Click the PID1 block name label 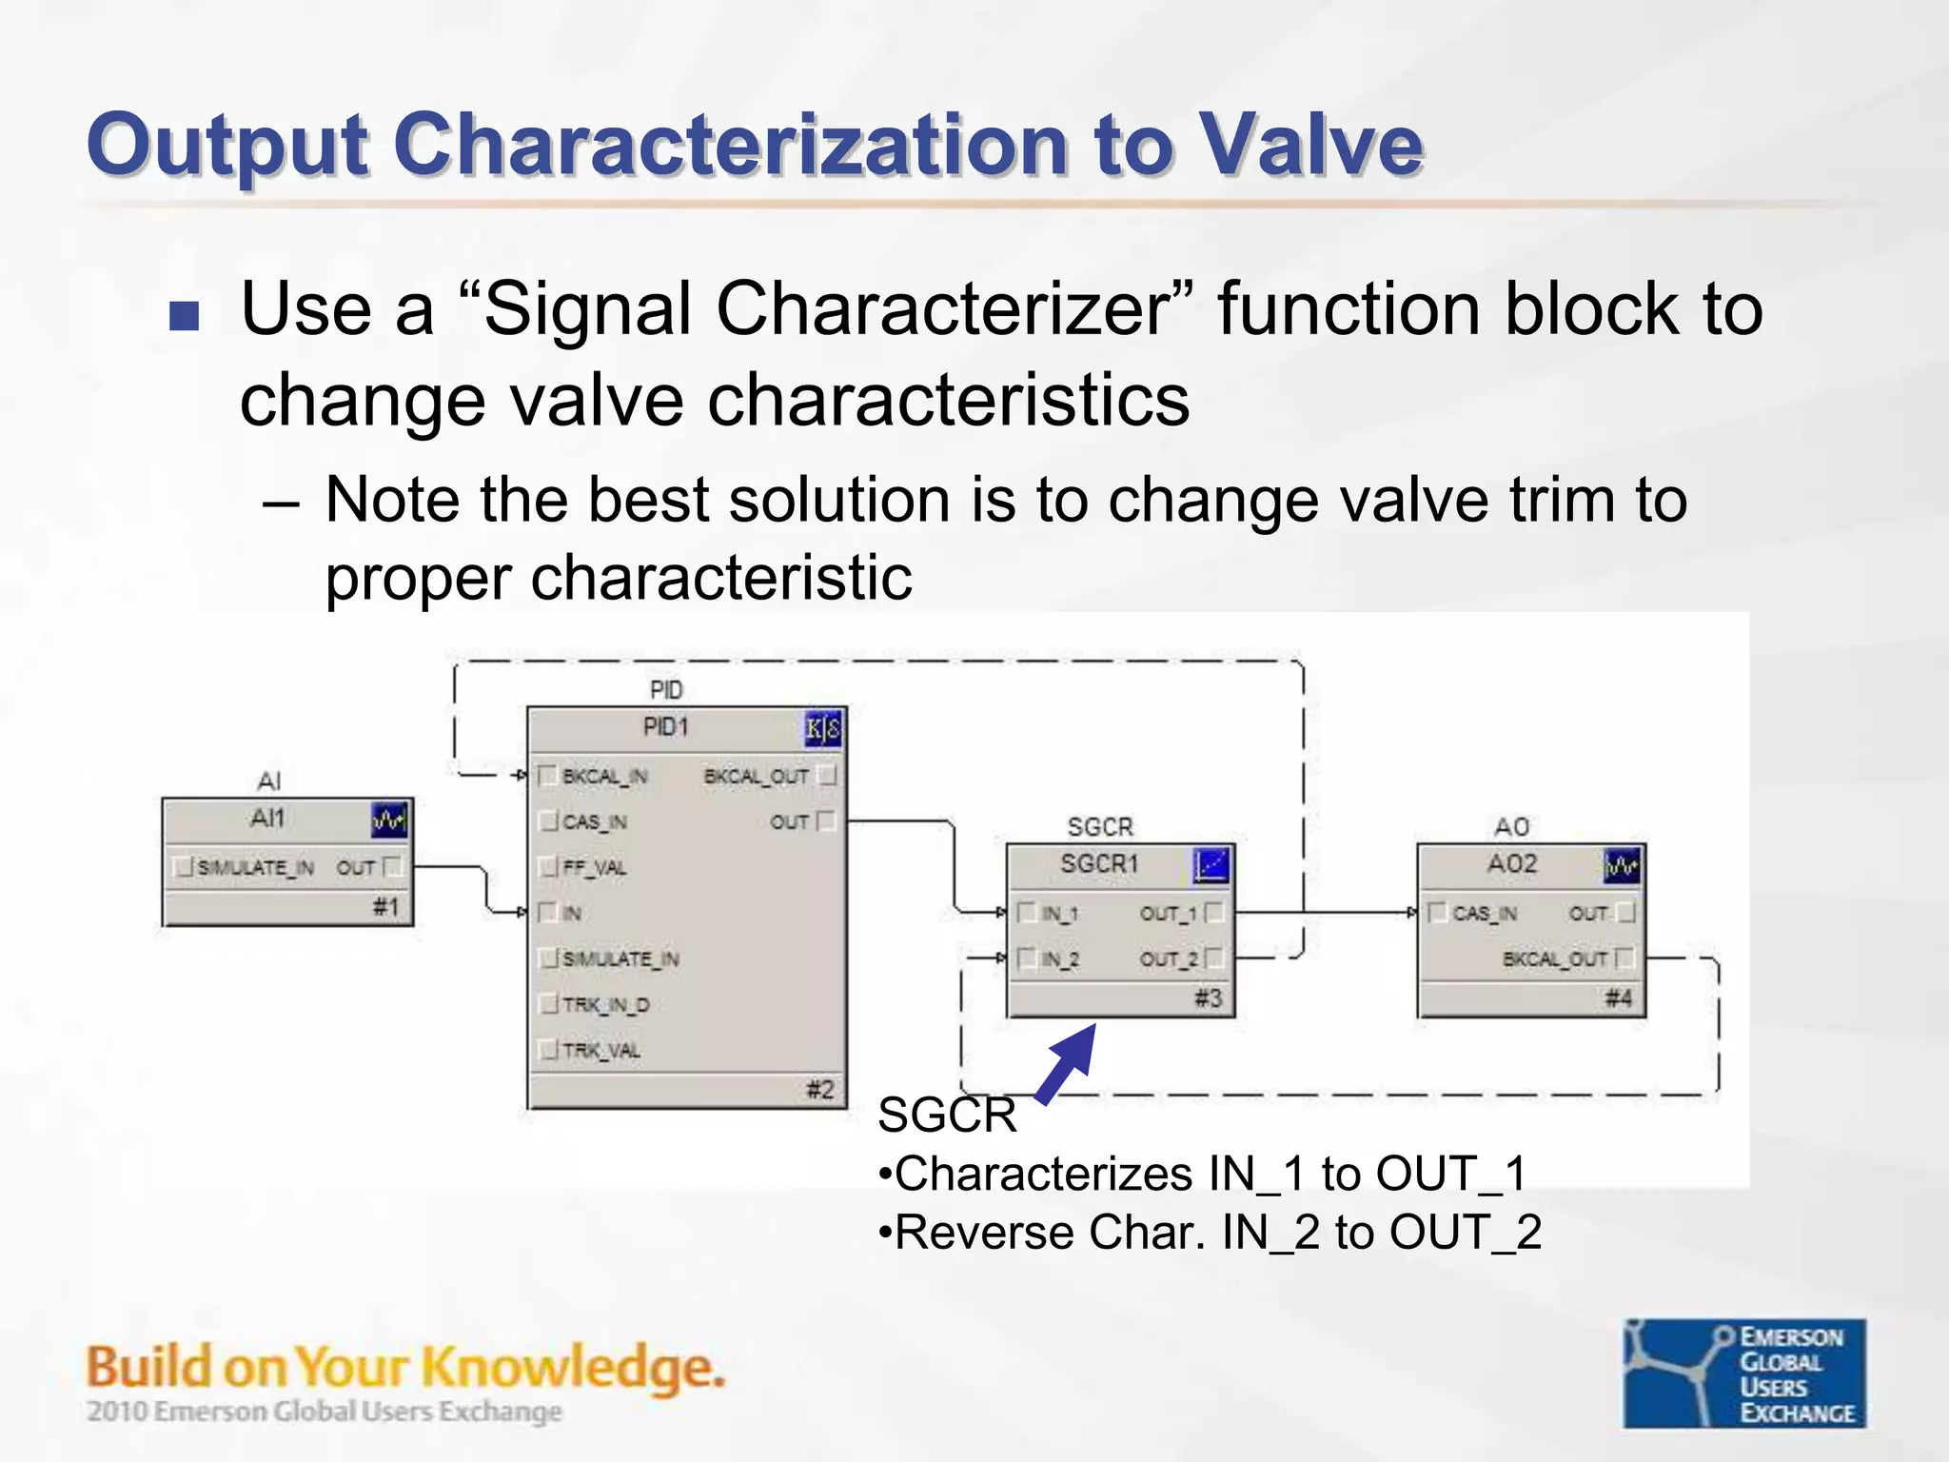coord(665,727)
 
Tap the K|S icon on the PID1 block coord(823,730)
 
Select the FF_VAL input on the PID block coord(593,867)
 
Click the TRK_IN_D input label coord(605,1004)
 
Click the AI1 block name coord(267,819)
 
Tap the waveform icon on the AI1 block coord(389,820)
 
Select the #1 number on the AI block coord(385,907)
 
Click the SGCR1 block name coord(1099,864)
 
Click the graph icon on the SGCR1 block coord(1211,866)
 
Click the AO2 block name coord(1511,864)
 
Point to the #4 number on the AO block coord(1618,998)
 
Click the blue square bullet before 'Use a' coord(184,316)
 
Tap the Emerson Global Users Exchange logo coord(1744,1373)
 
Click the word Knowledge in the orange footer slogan coord(572,1369)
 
